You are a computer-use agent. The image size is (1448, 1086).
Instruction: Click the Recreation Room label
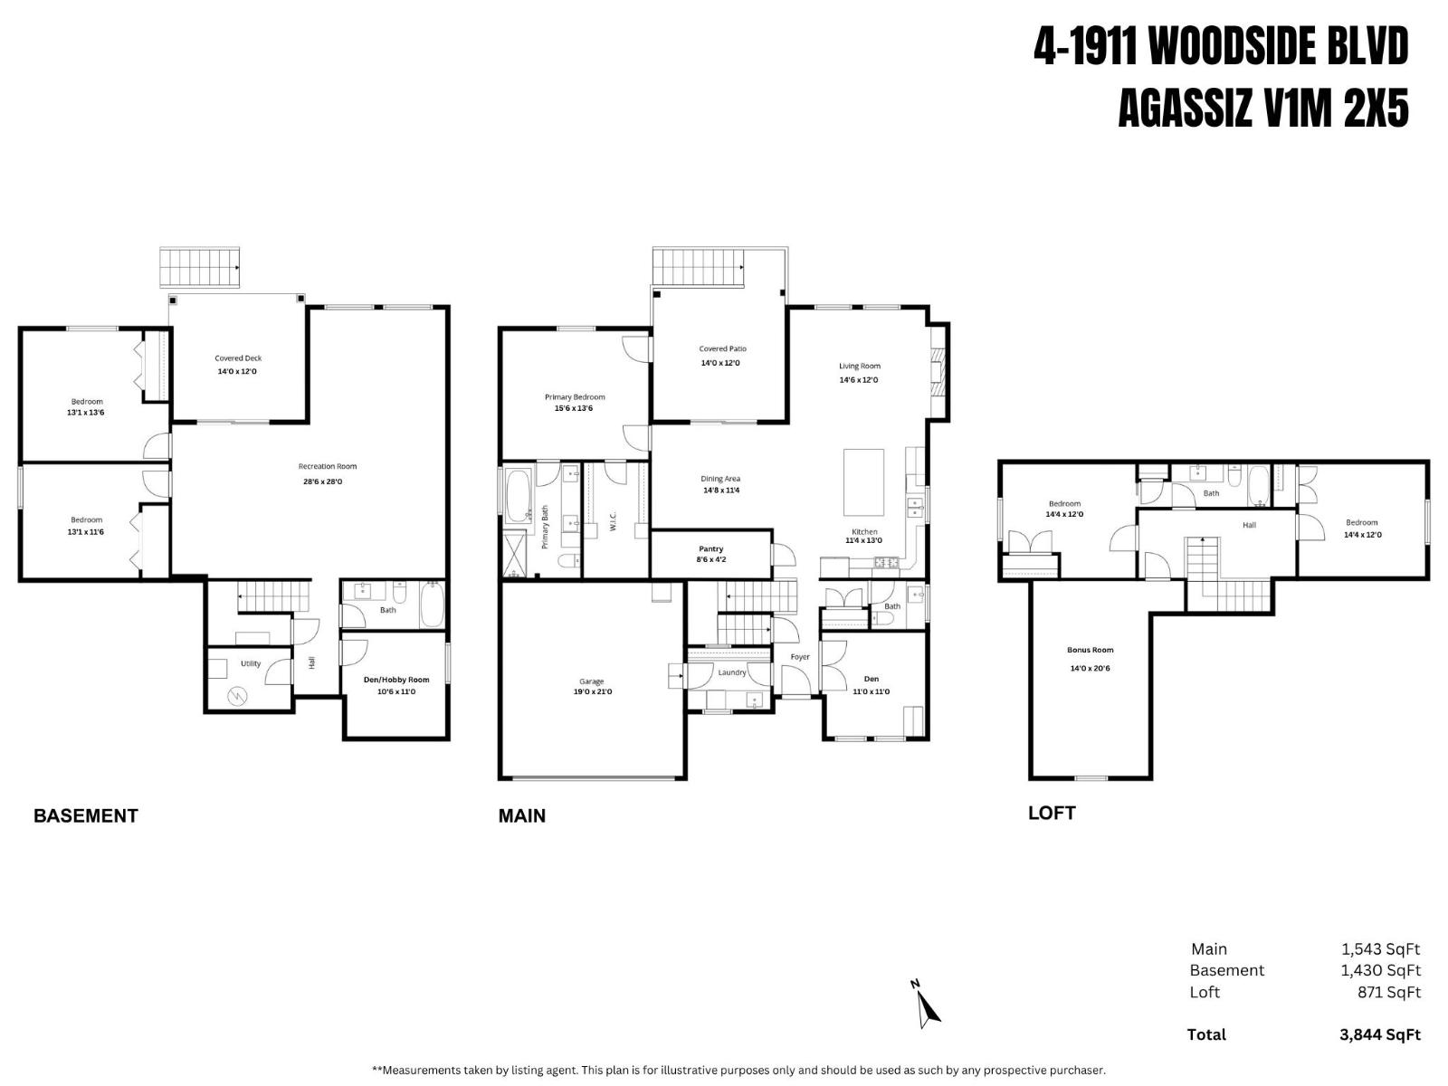pos(328,467)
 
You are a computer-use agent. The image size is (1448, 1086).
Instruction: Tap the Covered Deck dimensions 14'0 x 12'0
pos(237,372)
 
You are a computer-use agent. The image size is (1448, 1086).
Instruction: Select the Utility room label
pos(251,663)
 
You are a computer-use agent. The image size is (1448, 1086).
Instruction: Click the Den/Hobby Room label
pos(396,680)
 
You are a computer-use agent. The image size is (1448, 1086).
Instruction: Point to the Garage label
pos(592,681)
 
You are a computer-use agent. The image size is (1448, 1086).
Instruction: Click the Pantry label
pos(711,549)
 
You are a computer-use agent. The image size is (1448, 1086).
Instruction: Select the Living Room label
pos(859,367)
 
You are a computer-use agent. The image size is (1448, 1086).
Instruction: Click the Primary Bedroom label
pos(575,397)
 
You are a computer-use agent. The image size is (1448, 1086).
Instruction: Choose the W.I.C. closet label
pos(613,521)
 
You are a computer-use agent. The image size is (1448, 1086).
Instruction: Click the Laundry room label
pos(731,672)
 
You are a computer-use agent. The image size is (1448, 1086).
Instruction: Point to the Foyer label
pos(800,657)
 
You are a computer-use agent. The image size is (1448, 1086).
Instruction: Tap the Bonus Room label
pos(1090,650)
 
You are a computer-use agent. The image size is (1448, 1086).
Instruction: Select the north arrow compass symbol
pos(926,1004)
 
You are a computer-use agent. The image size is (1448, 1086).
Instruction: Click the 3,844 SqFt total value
pos(1379,1034)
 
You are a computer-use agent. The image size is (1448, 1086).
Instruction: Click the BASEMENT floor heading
pos(85,815)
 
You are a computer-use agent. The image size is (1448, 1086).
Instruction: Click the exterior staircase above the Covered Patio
pos(697,266)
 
